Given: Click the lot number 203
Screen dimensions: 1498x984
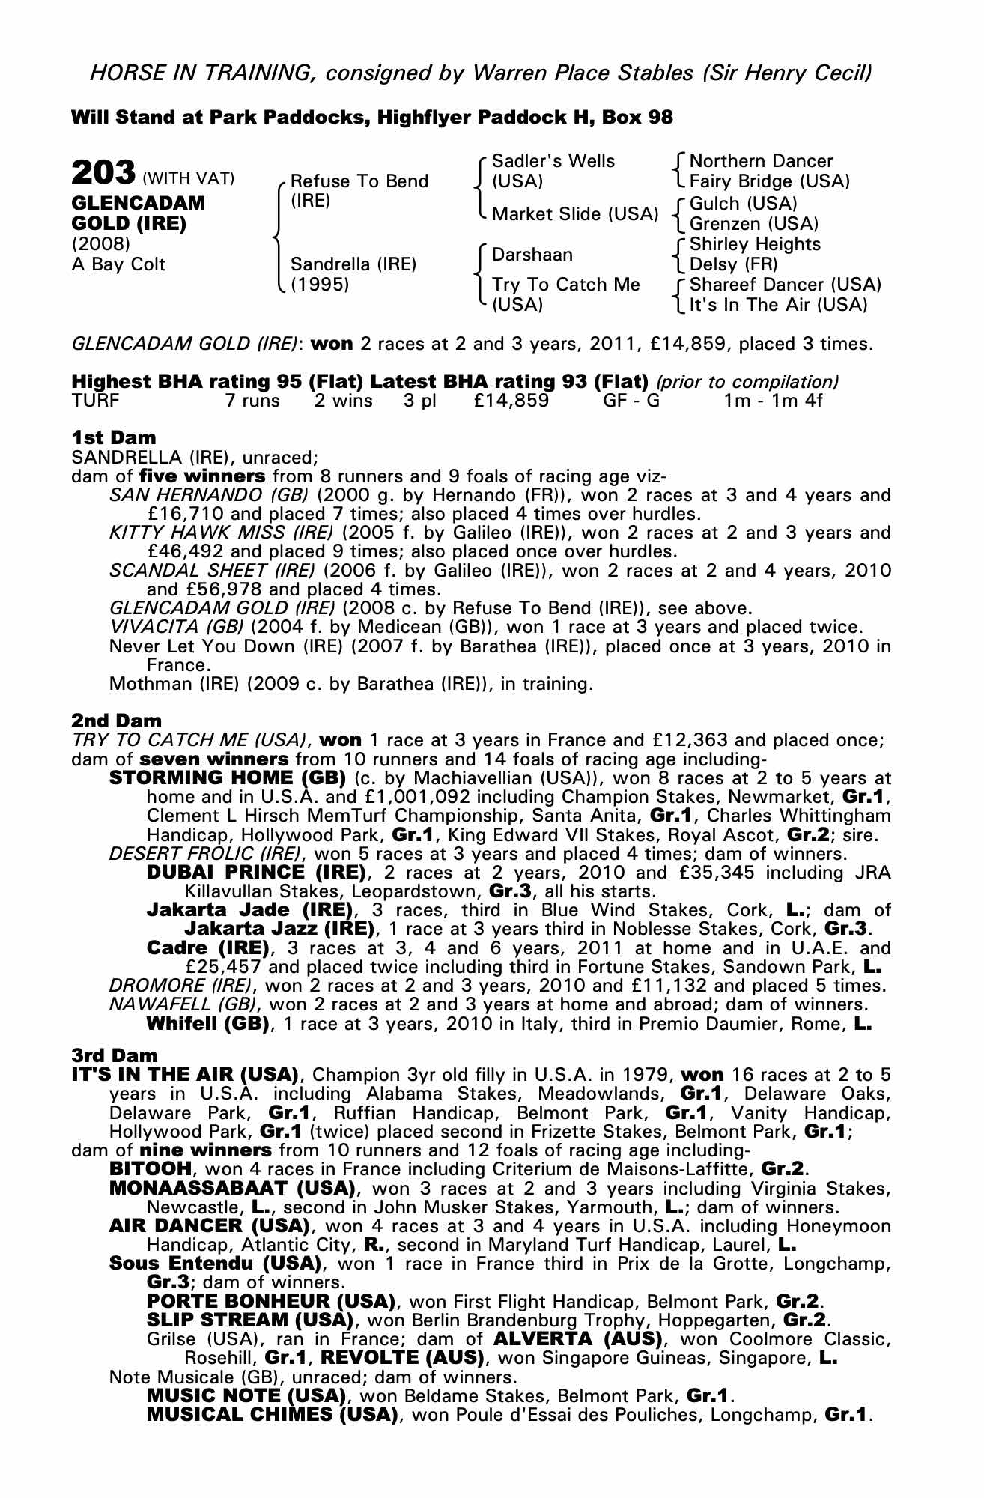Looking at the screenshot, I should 103,172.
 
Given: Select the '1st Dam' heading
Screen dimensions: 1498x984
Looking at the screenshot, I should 114,437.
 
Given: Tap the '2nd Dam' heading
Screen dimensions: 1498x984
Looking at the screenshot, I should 116,721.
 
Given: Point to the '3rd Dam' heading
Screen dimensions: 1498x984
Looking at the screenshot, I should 115,1055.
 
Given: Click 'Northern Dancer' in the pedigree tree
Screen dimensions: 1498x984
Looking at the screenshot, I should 761,161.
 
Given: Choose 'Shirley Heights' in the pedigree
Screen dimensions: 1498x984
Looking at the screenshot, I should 755,244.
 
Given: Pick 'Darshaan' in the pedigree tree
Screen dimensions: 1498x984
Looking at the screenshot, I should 532,255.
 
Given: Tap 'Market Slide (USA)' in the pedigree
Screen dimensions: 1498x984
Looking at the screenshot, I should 575,214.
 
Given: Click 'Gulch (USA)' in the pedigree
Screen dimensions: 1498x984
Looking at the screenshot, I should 743,204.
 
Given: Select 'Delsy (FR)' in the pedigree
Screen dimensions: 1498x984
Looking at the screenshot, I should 734,264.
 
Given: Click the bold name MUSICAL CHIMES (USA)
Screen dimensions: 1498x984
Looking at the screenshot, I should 271,1414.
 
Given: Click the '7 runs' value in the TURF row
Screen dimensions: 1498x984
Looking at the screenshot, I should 252,401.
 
